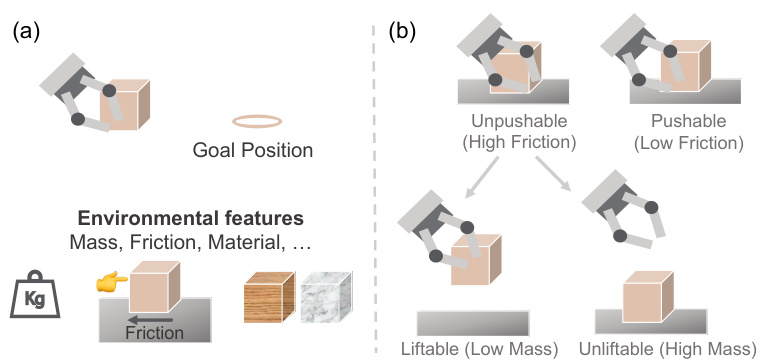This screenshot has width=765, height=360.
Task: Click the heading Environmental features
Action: point(193,217)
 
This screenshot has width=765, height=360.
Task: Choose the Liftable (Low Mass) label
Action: point(478,349)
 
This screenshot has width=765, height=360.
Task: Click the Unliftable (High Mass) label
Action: point(666,349)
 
